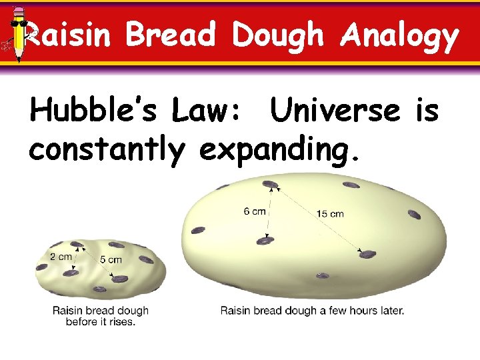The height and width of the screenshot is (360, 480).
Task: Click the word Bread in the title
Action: (170, 35)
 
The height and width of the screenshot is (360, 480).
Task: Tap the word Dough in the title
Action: (279, 36)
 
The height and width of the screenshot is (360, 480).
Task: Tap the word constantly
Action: (106, 150)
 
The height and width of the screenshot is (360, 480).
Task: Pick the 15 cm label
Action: (330, 213)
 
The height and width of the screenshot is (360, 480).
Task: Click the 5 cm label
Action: (111, 260)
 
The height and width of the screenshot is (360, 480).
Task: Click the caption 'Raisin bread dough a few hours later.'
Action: (312, 310)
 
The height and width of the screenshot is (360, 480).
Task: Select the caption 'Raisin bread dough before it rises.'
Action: (101, 315)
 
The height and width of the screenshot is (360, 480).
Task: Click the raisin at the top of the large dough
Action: (269, 183)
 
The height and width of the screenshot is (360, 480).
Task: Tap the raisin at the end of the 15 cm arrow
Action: (368, 254)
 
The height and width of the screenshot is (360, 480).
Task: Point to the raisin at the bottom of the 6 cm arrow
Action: (265, 241)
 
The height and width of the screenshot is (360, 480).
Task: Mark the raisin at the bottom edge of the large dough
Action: (322, 275)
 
